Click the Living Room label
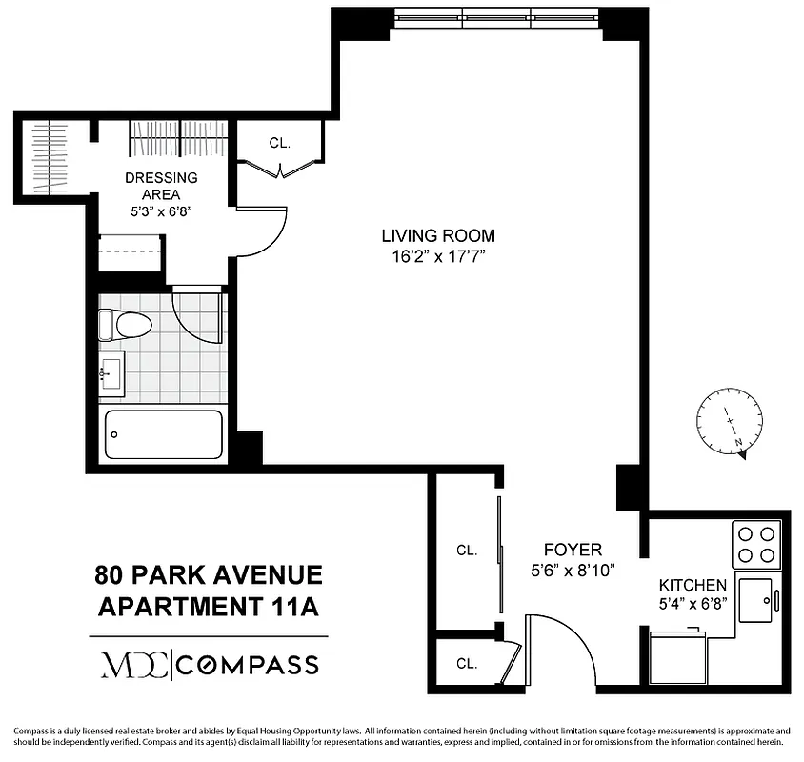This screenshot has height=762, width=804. [438, 235]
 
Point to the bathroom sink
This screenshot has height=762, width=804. [111, 371]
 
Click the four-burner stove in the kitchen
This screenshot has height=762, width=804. [756, 544]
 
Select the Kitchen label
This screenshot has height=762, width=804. [693, 585]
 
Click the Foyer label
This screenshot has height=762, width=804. [573, 550]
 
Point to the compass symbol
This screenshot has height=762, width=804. [730, 422]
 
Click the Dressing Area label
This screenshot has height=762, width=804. [161, 186]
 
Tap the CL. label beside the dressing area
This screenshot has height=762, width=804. [279, 144]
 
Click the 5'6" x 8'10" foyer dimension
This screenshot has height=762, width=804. [573, 571]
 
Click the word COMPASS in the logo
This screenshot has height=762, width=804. [250, 663]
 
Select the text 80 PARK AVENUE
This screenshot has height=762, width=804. [209, 575]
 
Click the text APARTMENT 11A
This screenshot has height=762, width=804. [209, 606]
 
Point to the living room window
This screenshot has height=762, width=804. [496, 16]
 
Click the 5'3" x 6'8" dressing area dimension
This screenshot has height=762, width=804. [161, 211]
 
